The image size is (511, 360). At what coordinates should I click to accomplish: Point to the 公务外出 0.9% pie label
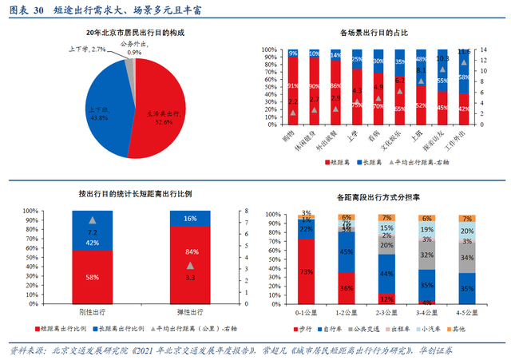[x=133, y=47]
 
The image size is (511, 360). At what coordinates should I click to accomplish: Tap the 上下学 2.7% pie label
[x=88, y=49]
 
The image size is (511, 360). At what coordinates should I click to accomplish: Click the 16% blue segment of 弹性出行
[x=190, y=218]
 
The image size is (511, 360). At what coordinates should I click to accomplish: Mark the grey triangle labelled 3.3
[x=190, y=265]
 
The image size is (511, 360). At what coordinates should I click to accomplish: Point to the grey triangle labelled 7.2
[x=92, y=219]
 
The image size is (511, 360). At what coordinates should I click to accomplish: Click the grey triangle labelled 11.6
[x=464, y=61]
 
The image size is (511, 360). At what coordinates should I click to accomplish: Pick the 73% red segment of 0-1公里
[x=307, y=271]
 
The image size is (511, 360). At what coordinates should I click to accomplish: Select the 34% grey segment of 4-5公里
[x=468, y=258]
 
